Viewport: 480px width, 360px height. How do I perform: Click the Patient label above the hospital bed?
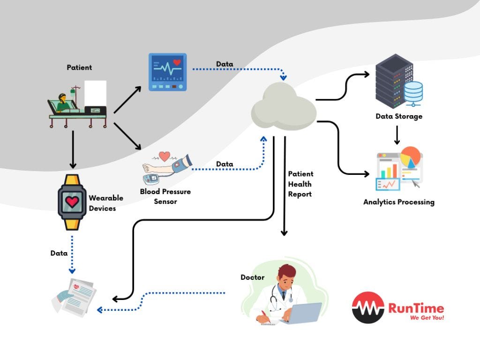(x=79, y=67)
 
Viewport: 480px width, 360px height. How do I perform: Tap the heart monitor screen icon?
(x=167, y=72)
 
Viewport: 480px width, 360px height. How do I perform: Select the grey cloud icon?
(x=284, y=107)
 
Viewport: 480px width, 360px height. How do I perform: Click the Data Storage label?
(x=399, y=116)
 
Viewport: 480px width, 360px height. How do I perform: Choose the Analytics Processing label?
(x=399, y=202)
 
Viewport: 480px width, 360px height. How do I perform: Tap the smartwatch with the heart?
(x=72, y=202)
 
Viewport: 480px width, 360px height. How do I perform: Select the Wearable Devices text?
(x=106, y=202)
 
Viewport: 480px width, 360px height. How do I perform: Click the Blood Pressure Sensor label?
(x=165, y=196)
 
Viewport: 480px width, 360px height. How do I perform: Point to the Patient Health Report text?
(x=300, y=184)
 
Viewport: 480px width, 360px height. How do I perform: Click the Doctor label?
(x=253, y=277)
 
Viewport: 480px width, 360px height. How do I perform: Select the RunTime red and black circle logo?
(x=368, y=307)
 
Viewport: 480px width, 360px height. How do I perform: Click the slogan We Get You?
(x=427, y=318)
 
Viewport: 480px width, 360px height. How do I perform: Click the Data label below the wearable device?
(x=59, y=253)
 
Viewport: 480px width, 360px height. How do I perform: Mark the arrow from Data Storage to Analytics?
(x=397, y=135)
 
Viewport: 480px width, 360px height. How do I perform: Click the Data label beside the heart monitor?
(x=225, y=64)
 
